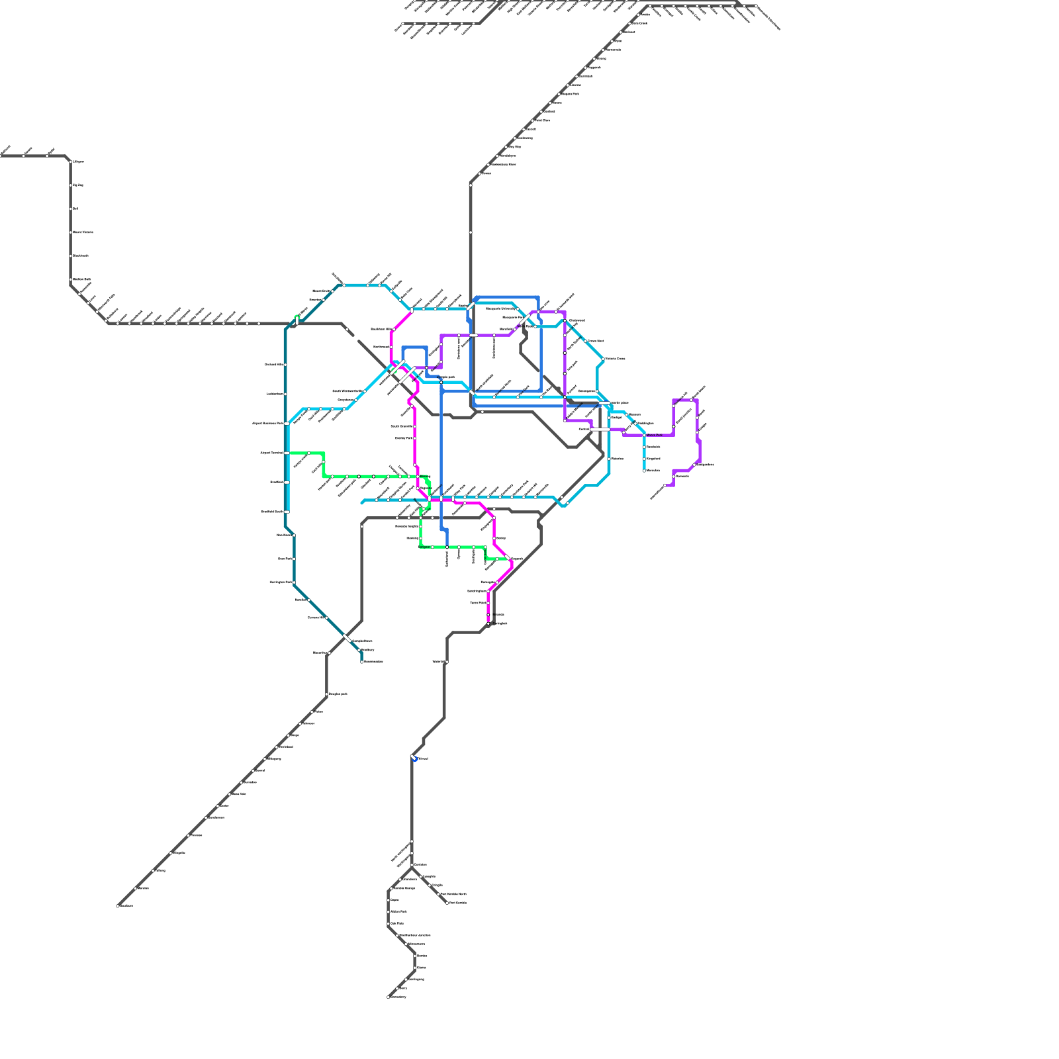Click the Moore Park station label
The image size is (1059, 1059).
[x=653, y=435]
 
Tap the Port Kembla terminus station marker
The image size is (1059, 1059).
[x=447, y=902]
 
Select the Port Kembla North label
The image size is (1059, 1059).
[x=453, y=894]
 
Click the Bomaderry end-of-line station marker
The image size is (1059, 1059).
[x=389, y=997]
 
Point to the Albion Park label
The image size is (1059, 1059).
[x=398, y=911]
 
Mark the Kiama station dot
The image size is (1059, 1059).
[x=415, y=967]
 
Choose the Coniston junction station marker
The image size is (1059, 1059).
[x=412, y=865]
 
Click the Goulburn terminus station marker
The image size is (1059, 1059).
[x=118, y=906]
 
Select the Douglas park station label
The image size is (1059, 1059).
[x=338, y=694]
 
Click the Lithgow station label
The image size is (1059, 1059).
[x=78, y=161]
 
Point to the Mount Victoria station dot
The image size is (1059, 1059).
[x=71, y=232]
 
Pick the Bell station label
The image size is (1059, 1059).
[x=75, y=208]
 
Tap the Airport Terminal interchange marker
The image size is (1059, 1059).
[x=287, y=453]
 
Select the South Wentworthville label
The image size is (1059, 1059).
[x=347, y=391]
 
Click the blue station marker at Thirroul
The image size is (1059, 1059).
[x=414, y=759]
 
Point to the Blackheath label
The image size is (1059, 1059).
[x=81, y=255]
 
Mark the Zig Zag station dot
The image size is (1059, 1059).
[x=71, y=185]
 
